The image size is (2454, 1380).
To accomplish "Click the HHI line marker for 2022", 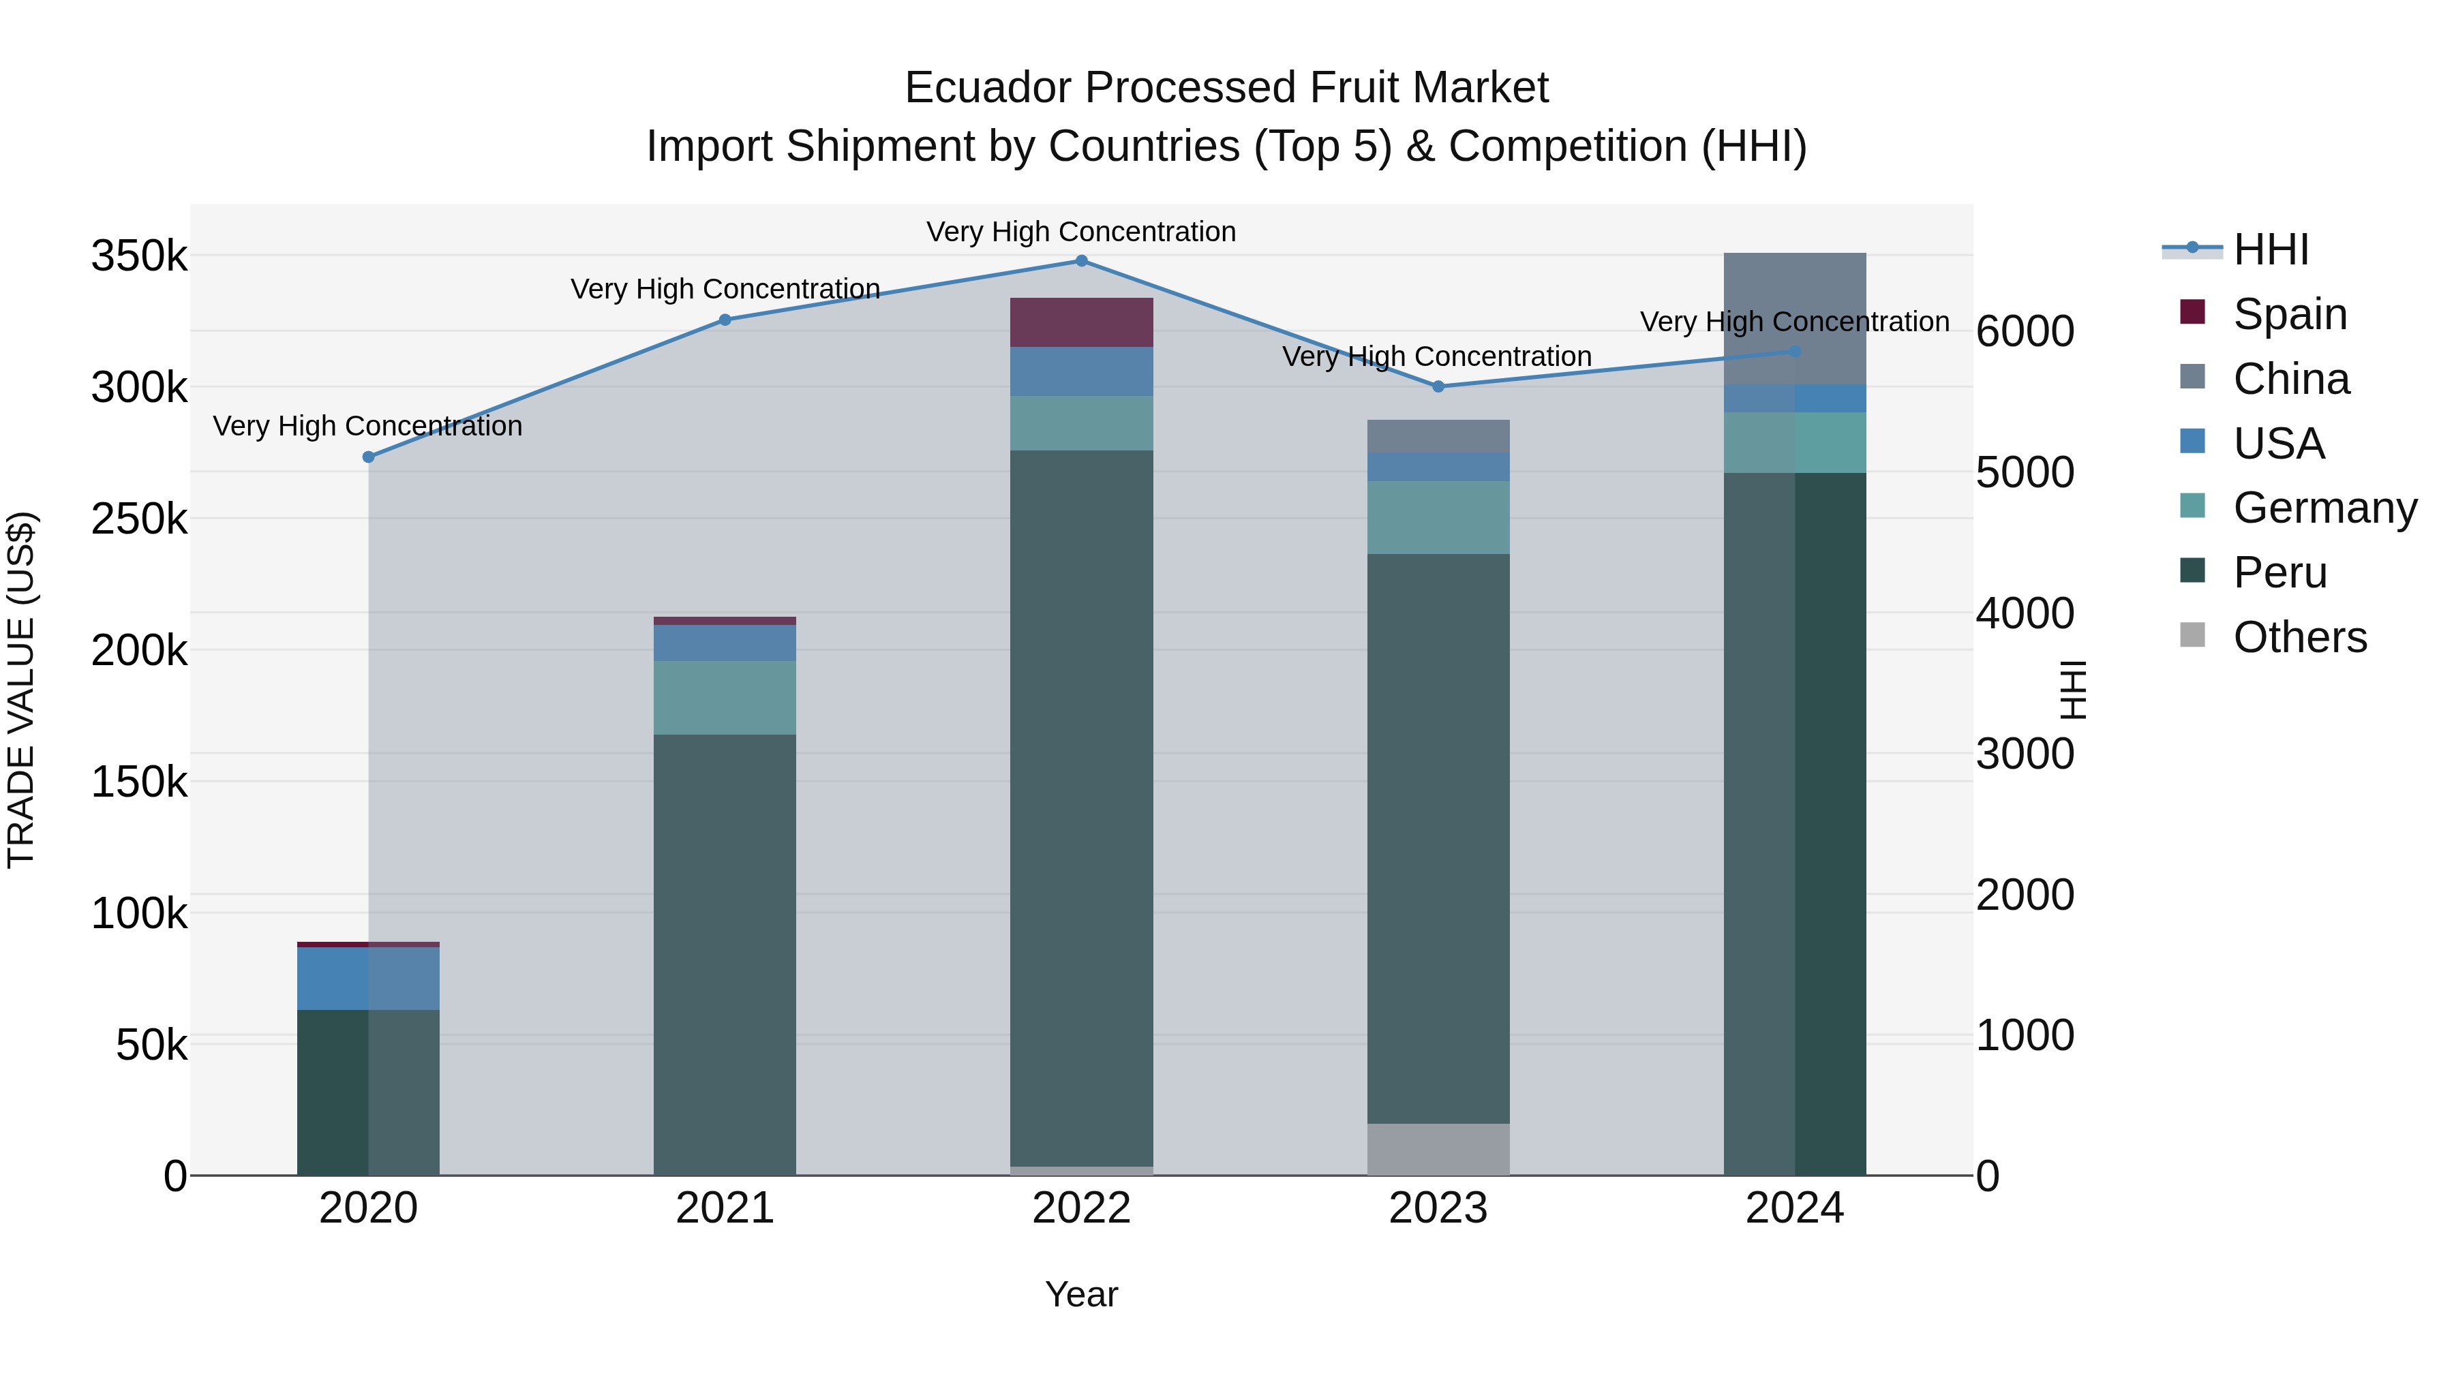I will (1081, 260).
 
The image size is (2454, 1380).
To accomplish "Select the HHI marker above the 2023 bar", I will (1438, 386).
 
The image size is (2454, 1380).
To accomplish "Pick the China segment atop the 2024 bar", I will (1795, 318).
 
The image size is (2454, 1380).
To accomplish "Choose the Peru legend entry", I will (2279, 572).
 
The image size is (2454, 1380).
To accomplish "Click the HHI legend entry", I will (2270, 249).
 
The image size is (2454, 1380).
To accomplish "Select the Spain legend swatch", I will (2192, 312).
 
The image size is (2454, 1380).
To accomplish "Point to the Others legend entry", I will (2299, 637).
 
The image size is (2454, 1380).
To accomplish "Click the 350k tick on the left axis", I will (139, 256).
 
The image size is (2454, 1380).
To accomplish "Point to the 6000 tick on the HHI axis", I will (2025, 331).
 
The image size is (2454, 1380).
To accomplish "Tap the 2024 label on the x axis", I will (1795, 1208).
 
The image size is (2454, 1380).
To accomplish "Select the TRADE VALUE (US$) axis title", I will (21, 690).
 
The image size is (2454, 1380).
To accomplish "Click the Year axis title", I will (1081, 1294).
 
